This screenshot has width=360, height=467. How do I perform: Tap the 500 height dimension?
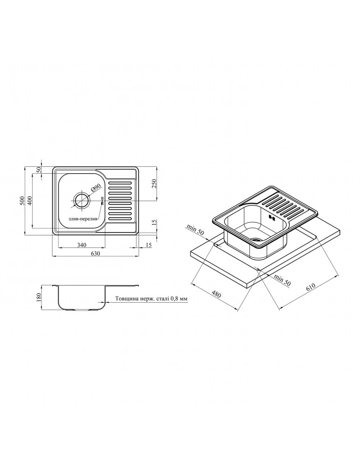[x=21, y=201]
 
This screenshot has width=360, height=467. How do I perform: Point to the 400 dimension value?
[x=29, y=201]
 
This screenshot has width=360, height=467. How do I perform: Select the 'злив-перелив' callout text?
[x=83, y=219]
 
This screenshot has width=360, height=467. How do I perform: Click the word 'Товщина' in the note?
[x=125, y=298]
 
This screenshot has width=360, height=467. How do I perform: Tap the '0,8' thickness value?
[x=175, y=298]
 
